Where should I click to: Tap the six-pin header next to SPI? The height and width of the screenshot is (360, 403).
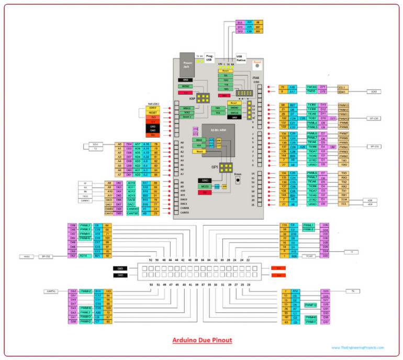tap(227, 168)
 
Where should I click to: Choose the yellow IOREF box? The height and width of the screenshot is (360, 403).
tap(153, 107)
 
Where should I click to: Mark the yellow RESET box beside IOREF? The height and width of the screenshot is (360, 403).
tap(153, 113)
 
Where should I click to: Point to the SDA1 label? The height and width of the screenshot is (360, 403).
tap(343, 92)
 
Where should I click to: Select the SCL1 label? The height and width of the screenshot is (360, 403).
tap(343, 87)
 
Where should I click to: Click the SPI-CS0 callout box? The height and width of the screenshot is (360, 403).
tap(373, 119)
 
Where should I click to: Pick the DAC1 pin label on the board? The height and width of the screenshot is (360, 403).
tap(184, 204)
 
